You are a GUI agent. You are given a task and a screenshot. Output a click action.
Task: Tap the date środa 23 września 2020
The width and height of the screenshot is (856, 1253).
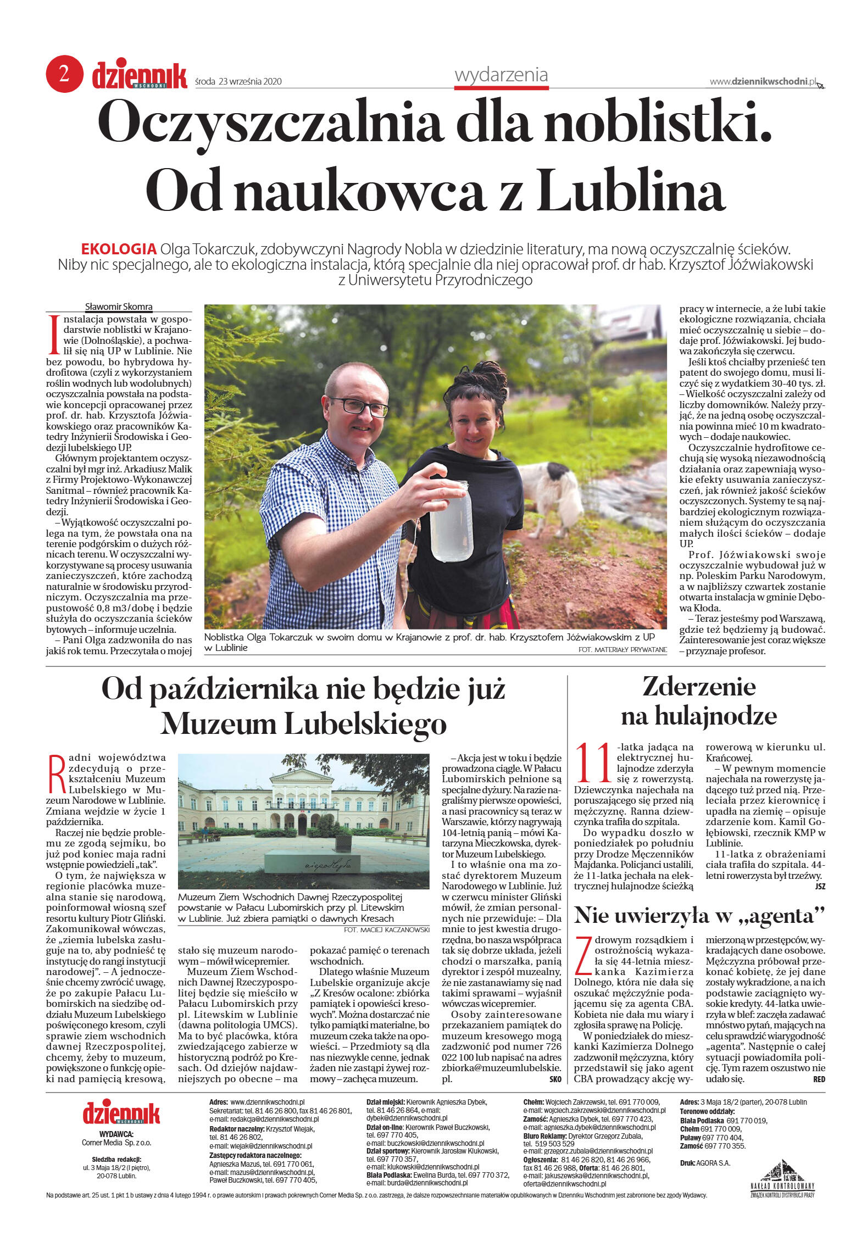[238, 82]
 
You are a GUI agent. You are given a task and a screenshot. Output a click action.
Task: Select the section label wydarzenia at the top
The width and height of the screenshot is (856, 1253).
[501, 75]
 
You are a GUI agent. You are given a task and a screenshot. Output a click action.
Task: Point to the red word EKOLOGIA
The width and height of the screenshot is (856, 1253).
[119, 249]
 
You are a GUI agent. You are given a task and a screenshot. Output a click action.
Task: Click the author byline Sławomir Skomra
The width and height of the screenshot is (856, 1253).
[119, 307]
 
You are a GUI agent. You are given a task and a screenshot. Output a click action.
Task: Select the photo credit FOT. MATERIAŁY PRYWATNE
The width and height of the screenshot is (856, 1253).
[622, 650]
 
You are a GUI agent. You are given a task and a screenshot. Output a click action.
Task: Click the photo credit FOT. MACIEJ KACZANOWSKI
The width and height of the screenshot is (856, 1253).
[386, 929]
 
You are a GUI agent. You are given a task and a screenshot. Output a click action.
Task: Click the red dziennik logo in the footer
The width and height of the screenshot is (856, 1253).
[121, 1112]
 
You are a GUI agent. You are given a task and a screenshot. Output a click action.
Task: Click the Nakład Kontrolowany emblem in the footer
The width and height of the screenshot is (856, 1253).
[782, 1178]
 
